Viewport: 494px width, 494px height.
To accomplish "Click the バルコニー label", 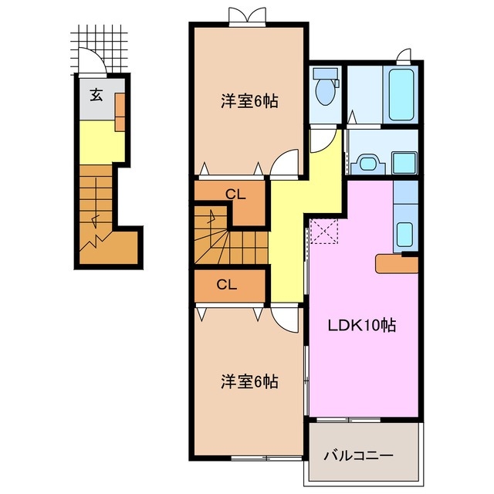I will pyautogui.click(x=358, y=455).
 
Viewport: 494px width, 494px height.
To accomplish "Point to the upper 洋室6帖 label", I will pyautogui.click(x=249, y=101).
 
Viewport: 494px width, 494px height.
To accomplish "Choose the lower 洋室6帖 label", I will pyautogui.click(x=249, y=381).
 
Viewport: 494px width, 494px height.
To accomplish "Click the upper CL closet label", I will pyautogui.click(x=236, y=195).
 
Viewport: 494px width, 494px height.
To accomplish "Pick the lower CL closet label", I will pyautogui.click(x=226, y=284).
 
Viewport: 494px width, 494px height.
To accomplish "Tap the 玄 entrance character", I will pyautogui.click(x=96, y=95).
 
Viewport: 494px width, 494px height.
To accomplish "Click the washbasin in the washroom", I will pyautogui.click(x=369, y=163).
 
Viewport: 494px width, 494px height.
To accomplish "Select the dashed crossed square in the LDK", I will pyautogui.click(x=323, y=230).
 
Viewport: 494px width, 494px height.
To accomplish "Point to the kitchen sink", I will pyautogui.click(x=404, y=232).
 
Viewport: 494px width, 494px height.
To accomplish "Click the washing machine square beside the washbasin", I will pyautogui.click(x=405, y=163).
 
